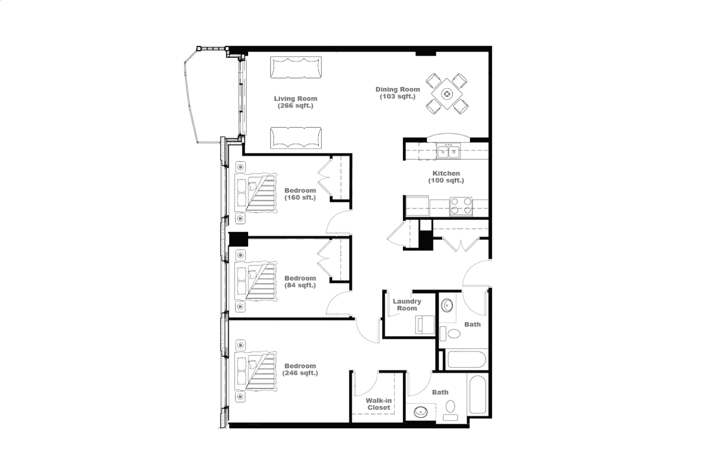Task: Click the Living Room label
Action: point(295,102)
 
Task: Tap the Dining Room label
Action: point(398,93)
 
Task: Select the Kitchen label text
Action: point(446,177)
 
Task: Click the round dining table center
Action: point(447,94)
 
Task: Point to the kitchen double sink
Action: point(448,151)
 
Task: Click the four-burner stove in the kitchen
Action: point(461,206)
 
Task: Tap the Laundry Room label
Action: point(407,305)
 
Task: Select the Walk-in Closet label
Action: point(379,404)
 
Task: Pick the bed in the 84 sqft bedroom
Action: point(256,281)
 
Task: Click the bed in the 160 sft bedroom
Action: point(256,193)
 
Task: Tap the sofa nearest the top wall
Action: point(296,67)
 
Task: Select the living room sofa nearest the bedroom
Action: point(296,138)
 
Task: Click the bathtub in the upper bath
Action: point(467,359)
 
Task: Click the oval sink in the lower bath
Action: point(421,412)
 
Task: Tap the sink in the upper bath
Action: point(447,305)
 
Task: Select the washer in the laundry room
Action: point(425,324)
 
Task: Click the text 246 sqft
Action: point(300,373)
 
